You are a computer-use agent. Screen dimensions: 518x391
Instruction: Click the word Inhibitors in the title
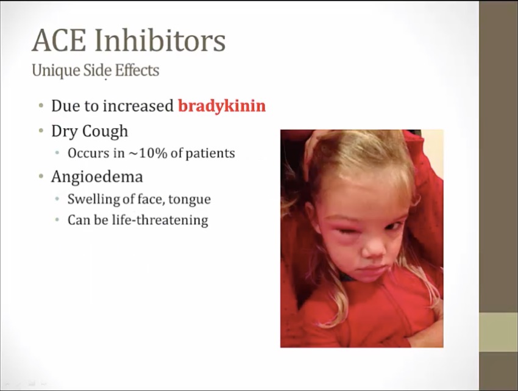[160, 40]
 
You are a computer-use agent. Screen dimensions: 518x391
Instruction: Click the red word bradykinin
[222, 106]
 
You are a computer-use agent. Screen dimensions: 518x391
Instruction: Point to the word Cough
[105, 131]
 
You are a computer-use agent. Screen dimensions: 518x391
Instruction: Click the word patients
[210, 154]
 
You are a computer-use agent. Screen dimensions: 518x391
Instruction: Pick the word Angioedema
[97, 177]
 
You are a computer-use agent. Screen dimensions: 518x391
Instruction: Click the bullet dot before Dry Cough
[41, 131]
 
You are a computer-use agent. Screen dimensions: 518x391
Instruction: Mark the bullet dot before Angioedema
[41, 176]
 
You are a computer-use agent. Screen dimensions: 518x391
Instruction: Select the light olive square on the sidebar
[498, 332]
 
